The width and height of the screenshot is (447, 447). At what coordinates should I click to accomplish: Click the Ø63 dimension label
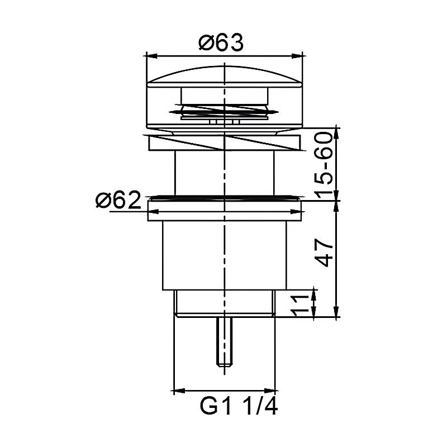(221, 43)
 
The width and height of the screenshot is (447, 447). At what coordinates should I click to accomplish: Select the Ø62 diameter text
(118, 200)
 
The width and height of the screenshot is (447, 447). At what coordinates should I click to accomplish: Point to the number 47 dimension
(324, 253)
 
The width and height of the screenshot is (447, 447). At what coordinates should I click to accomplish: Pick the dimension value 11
(301, 306)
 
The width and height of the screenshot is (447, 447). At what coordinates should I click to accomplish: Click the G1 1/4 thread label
(239, 406)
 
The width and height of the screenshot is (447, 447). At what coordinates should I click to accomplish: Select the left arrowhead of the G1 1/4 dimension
(179, 391)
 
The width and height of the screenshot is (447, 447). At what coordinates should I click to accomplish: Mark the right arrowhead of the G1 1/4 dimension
(270, 391)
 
